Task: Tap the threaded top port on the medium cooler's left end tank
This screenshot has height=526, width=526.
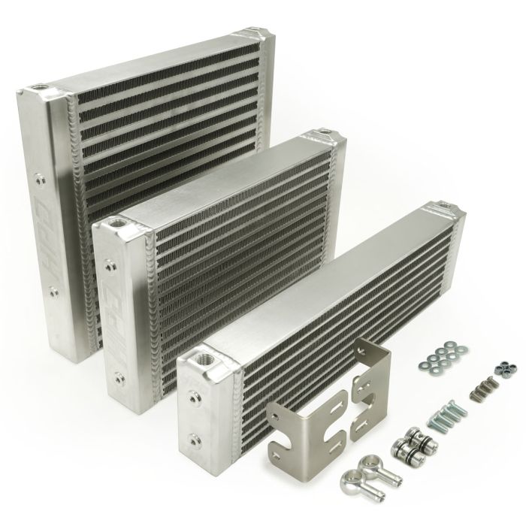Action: click(117, 223)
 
